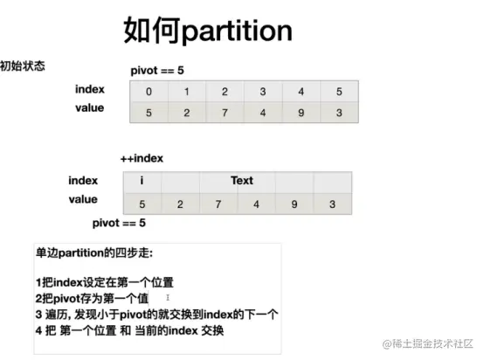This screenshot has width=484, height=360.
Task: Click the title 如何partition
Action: pos(208,30)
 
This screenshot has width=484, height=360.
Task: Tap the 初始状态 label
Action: pos(23,66)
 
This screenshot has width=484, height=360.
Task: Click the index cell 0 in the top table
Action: pos(149,92)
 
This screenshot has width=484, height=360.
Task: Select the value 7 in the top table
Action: pos(225,113)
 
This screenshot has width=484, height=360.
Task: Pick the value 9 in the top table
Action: pos(301,113)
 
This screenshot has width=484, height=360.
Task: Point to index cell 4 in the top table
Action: pos(301,92)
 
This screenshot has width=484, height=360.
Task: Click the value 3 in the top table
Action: pos(339,113)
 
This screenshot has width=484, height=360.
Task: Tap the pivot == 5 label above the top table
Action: pos(157,71)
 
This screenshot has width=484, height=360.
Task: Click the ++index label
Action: pos(142,158)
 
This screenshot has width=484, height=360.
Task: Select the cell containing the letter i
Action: pos(142,180)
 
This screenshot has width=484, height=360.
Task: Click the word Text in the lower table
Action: pos(242,180)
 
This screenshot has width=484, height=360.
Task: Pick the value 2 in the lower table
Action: pos(180,204)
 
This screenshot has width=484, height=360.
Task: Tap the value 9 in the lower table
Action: pos(294,204)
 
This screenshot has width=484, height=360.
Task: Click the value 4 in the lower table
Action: pos(256,204)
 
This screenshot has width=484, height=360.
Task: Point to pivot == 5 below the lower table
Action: pos(119,223)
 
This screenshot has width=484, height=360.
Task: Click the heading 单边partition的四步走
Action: pos(94,253)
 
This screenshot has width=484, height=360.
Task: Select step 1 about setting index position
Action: pos(105,282)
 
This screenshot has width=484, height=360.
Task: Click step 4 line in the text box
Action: pos(129,330)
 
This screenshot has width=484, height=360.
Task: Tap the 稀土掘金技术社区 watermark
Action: pos(428,343)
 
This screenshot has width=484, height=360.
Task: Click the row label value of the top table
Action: pos(90,107)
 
